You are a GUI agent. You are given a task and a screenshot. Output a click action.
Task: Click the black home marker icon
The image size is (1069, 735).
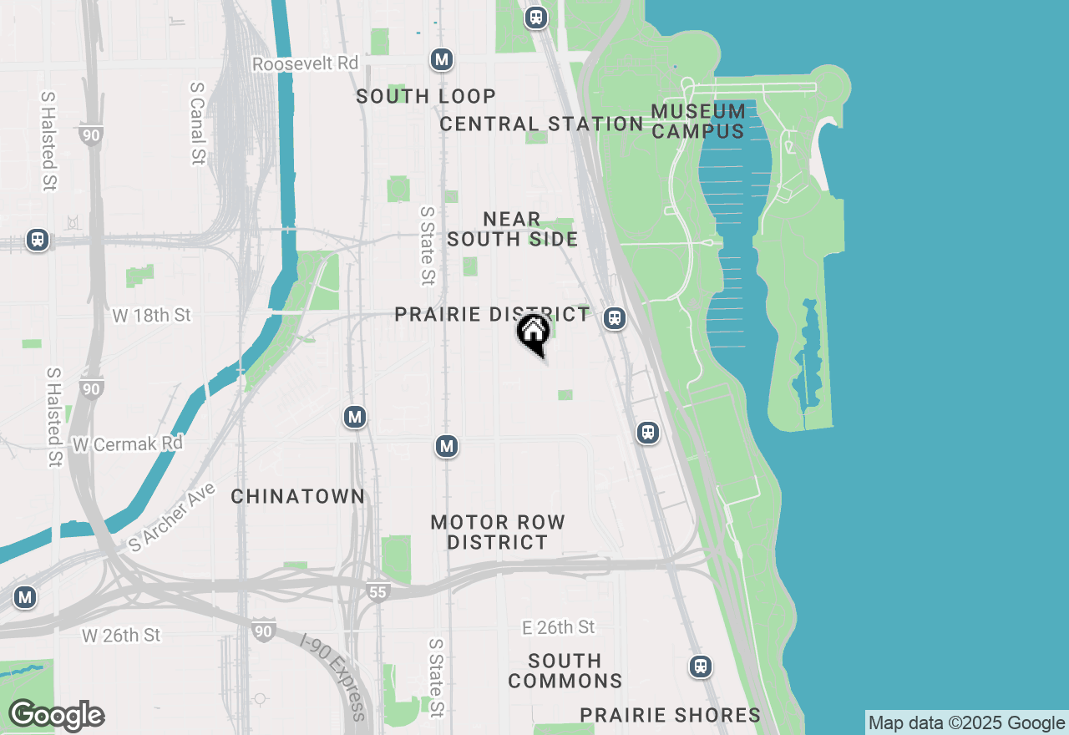pyautogui.click(x=533, y=332)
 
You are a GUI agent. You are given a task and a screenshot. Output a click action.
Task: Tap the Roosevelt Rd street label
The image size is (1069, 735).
pyautogui.click(x=305, y=63)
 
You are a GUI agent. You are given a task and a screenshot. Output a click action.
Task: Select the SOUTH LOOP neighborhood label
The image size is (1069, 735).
pyautogui.click(x=426, y=96)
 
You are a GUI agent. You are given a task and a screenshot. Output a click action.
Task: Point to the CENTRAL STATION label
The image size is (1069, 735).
pyautogui.click(x=541, y=124)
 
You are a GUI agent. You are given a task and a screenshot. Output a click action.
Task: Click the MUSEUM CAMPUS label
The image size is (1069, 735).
pyautogui.click(x=698, y=121)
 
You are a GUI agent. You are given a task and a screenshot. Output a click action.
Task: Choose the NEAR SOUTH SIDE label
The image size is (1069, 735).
pyautogui.click(x=512, y=229)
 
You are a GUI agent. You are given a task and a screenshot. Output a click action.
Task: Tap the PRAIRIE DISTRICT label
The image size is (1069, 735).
pyautogui.click(x=492, y=314)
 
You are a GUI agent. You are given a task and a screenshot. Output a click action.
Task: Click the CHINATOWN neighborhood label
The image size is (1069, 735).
pyautogui.click(x=298, y=496)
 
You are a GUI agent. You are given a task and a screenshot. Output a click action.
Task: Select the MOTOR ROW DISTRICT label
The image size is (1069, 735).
pyautogui.click(x=498, y=532)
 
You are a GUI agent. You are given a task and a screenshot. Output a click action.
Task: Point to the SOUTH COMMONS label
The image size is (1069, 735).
pyautogui.click(x=565, y=671)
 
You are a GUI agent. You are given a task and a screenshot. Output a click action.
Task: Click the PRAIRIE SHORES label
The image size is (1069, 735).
pyautogui.click(x=670, y=715)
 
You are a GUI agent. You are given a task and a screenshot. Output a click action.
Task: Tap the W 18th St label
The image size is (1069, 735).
pyautogui.click(x=152, y=315)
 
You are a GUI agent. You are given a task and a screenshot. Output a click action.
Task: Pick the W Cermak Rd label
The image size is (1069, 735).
pyautogui.click(x=127, y=444)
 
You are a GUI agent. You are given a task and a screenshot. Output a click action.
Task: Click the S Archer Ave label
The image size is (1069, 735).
pyautogui.click(x=172, y=516)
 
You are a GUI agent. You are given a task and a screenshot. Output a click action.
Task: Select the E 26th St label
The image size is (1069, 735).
pyautogui.click(x=558, y=626)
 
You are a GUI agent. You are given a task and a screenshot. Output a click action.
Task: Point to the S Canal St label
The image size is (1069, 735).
pyautogui.click(x=198, y=123)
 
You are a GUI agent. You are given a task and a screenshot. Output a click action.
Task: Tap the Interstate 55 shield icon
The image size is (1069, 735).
pyautogui.click(x=377, y=592)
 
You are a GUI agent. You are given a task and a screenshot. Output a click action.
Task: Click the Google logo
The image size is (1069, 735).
pyautogui.click(x=56, y=715)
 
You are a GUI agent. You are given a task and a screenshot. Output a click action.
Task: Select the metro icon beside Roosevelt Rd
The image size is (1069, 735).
pyautogui.click(x=442, y=59)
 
